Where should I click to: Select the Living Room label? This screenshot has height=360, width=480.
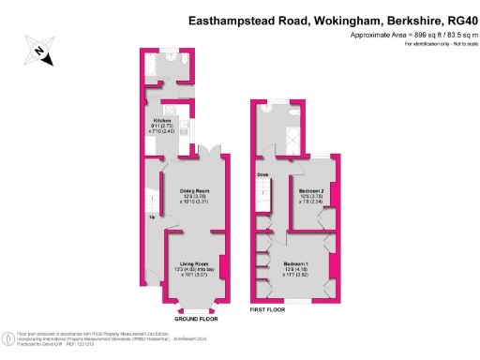coord(194,264)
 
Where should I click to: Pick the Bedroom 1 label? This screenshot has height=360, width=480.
coord(297,264)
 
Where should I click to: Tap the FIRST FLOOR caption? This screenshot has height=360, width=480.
coord(268,306)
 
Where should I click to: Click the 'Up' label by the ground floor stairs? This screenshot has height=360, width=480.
coord(153,217)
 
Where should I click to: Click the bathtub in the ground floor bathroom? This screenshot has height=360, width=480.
coord(154,67)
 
